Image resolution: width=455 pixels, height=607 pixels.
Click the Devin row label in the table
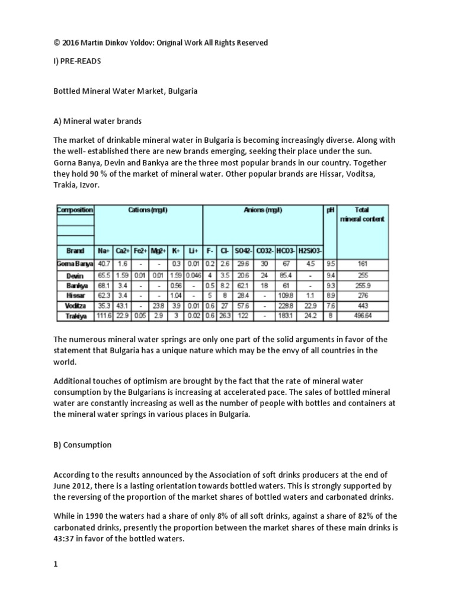(x=75, y=276)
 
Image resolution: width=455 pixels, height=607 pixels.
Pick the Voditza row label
(x=75, y=305)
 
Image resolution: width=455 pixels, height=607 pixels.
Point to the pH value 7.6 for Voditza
(x=331, y=305)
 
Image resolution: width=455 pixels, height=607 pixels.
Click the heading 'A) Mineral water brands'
(x=98, y=121)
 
